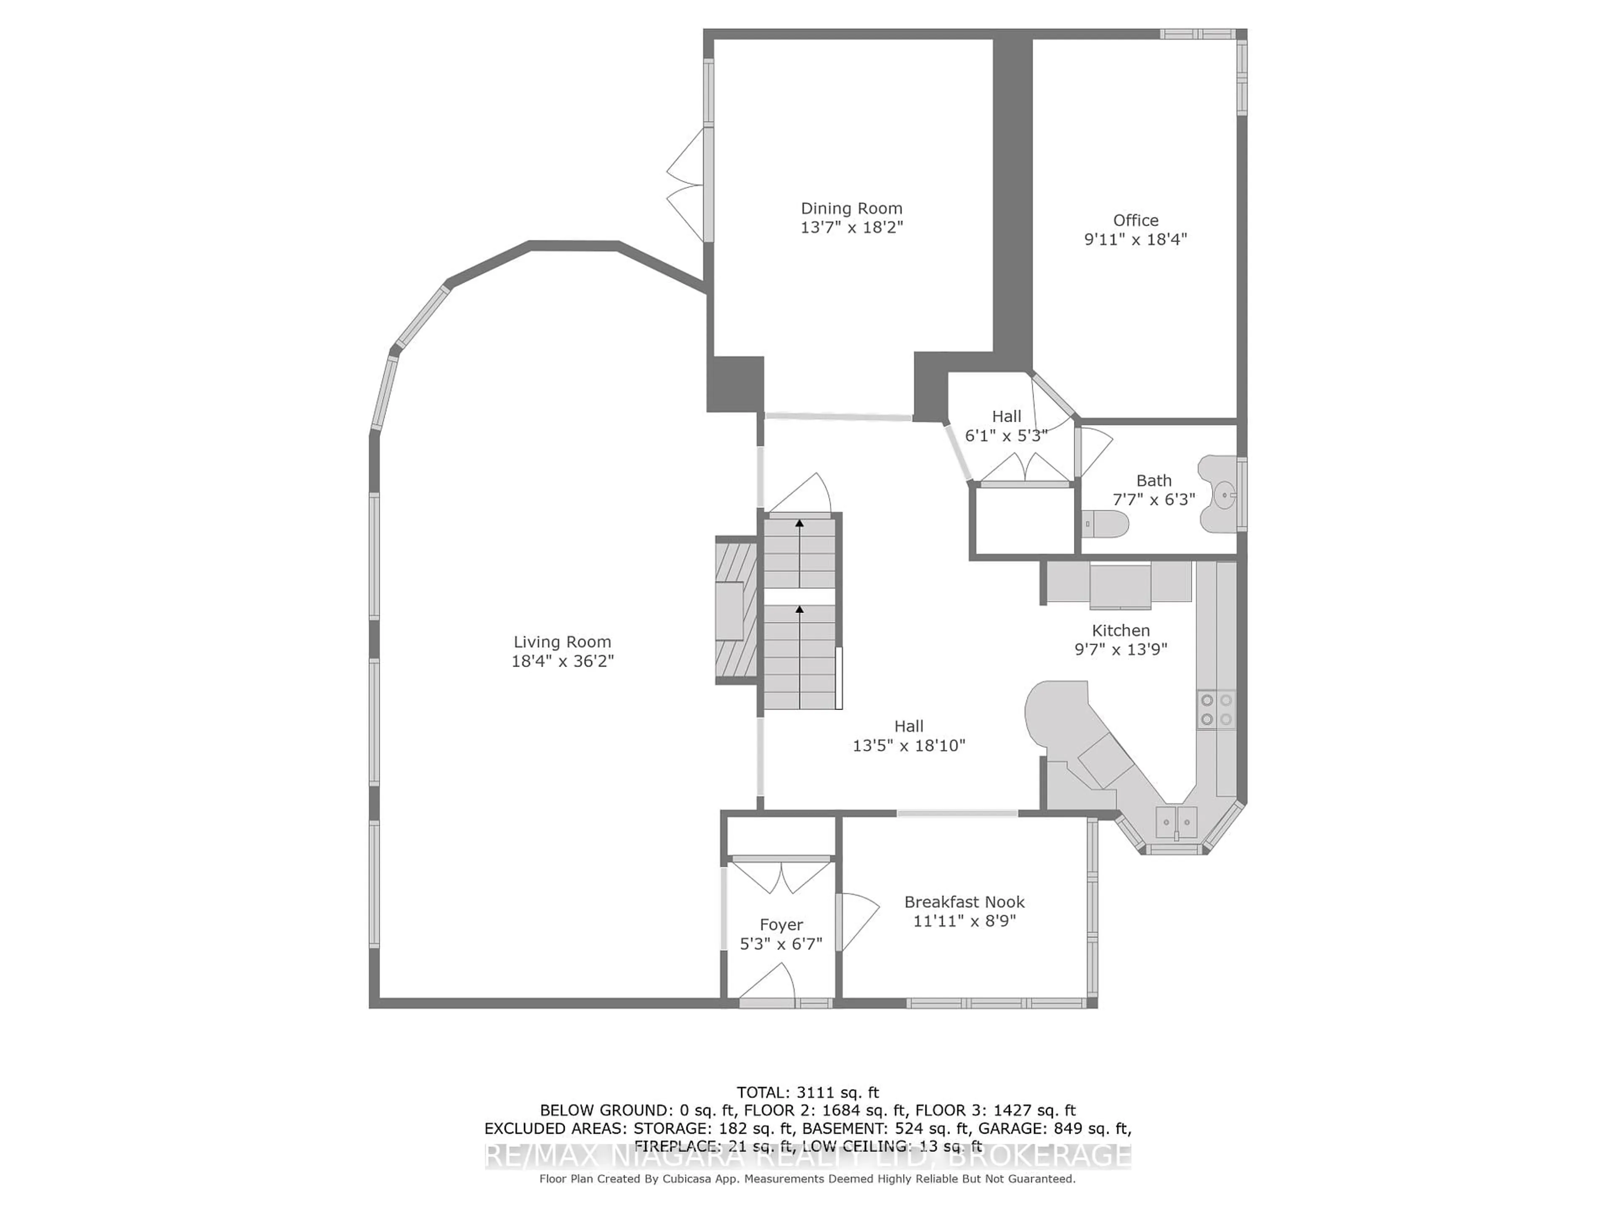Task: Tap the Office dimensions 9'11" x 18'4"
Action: tap(1135, 239)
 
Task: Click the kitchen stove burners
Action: tap(1216, 710)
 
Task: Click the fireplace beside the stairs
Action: tap(735, 611)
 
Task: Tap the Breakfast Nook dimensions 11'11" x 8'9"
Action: tap(965, 920)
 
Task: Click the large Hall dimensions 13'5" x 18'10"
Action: tap(909, 745)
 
